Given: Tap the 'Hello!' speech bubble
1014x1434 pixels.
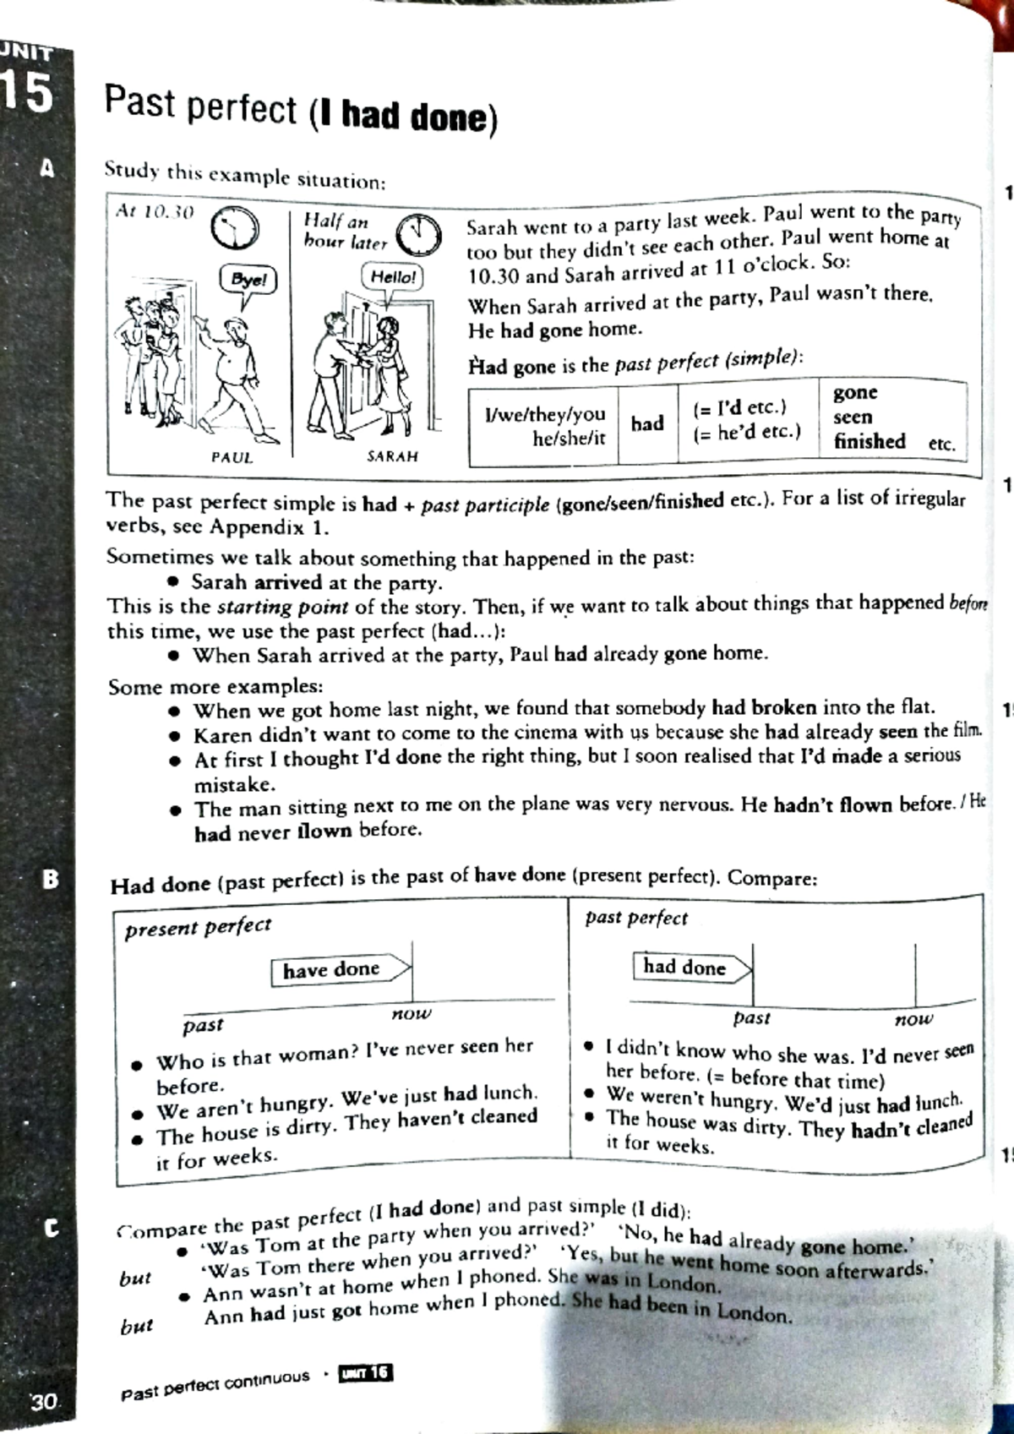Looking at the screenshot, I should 392,277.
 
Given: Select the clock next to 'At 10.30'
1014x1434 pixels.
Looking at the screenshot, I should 234,227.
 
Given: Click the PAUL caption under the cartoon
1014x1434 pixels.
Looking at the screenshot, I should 232,457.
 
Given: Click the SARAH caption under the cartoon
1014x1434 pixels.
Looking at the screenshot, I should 392,456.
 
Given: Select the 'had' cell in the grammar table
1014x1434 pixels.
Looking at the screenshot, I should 646,423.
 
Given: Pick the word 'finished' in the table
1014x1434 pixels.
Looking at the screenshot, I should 869,441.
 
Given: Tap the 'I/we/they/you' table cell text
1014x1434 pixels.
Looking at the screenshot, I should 545,414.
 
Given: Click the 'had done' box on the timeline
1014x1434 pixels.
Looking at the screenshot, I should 684,967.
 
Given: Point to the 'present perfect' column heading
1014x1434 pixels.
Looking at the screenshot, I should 198,927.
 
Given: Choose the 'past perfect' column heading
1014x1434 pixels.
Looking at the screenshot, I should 635,918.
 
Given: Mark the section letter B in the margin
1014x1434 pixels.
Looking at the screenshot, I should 51,880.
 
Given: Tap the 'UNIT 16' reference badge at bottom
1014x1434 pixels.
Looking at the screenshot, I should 366,1373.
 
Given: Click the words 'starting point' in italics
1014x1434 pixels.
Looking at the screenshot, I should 282,607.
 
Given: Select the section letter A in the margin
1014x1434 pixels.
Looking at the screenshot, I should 48,168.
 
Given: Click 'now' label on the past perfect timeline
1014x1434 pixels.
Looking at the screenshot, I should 913,1019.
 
